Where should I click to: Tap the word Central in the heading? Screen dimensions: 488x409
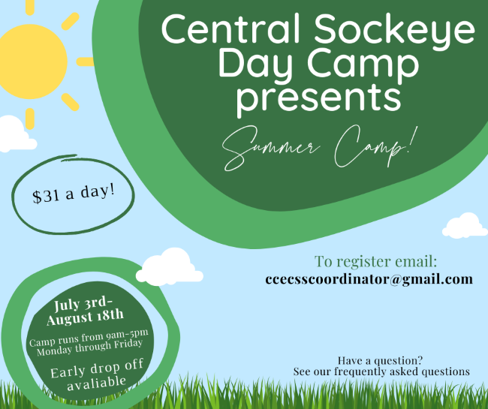(230, 29)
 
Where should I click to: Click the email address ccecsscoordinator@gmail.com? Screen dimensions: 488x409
(369, 279)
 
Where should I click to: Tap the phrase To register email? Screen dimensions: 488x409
(375, 261)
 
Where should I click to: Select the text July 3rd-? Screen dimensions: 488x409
(83, 304)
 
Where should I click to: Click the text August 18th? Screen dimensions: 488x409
(85, 317)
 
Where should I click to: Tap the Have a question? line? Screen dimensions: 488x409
(381, 361)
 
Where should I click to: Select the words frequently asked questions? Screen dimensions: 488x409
(402, 371)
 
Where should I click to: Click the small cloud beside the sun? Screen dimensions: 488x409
(17, 134)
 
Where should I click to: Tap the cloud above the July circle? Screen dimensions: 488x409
(170, 267)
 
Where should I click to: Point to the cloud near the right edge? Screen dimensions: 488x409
(465, 226)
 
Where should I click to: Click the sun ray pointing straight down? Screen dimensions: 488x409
(30, 119)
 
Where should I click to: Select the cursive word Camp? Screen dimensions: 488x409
(375, 146)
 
